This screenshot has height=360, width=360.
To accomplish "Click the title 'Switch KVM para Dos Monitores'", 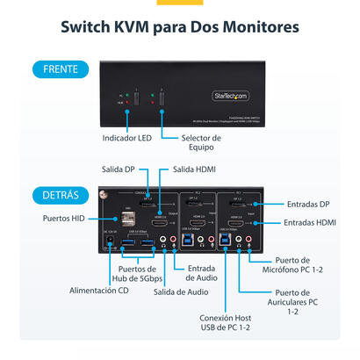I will pyautogui.click(x=179, y=27).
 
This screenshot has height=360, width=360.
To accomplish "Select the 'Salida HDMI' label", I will pyautogui.click(x=194, y=169).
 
